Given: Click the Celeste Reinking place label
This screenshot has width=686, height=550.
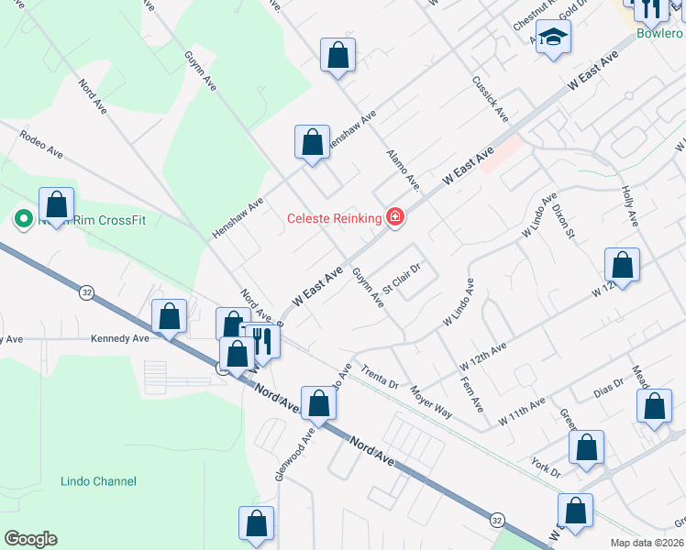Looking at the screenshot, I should (334, 218).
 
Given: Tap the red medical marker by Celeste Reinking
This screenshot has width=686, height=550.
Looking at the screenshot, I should (395, 217).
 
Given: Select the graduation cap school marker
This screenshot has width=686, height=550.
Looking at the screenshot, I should (553, 38).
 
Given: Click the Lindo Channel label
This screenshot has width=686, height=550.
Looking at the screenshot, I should (98, 481).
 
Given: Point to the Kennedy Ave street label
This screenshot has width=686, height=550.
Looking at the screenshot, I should (119, 338).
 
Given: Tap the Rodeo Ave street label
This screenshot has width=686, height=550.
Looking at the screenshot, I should (40, 144).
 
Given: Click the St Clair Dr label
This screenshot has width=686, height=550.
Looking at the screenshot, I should (401, 278).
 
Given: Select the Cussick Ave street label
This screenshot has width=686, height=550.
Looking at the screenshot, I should (490, 99).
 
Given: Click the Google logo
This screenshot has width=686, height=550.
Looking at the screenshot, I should (30, 539).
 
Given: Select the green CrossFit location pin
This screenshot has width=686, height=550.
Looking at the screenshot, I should (21, 220).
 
